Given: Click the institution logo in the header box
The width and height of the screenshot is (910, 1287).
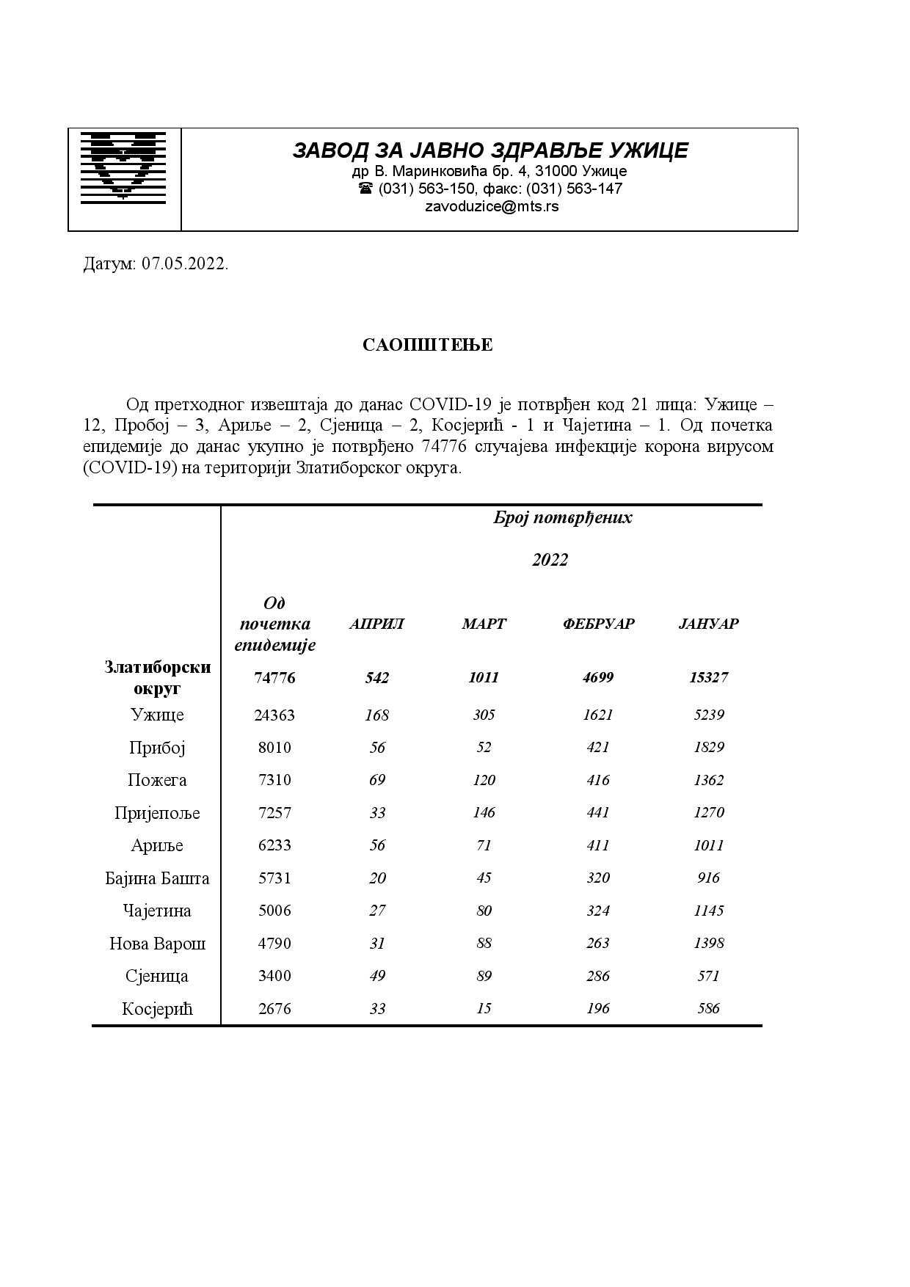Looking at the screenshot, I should pyautogui.click(x=123, y=166).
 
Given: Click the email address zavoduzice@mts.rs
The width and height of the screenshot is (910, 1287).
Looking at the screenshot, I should pyautogui.click(x=491, y=206).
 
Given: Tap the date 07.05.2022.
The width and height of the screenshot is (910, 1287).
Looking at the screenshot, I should pyautogui.click(x=185, y=264).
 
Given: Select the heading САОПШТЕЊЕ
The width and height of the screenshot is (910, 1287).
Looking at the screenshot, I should pyautogui.click(x=427, y=345).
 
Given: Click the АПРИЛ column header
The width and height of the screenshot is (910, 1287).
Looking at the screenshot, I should pyautogui.click(x=376, y=624).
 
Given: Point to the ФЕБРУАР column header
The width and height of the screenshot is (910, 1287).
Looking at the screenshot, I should pyautogui.click(x=598, y=624).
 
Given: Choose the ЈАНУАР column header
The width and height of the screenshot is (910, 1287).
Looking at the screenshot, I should pyautogui.click(x=708, y=624).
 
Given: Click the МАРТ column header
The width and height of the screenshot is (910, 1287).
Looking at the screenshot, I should pyautogui.click(x=484, y=624).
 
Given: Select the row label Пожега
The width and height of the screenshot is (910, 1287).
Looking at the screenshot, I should pyautogui.click(x=157, y=780).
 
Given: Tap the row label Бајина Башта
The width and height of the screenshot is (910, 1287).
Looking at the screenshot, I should pyautogui.click(x=157, y=878).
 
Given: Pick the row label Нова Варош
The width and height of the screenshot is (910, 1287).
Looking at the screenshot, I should pyautogui.click(x=157, y=944).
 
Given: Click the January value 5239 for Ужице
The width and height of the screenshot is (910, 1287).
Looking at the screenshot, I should pyautogui.click(x=708, y=715).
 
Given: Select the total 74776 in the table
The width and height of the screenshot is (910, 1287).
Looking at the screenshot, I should pyautogui.click(x=274, y=678).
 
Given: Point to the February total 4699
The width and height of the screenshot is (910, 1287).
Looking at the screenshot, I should pyautogui.click(x=598, y=677).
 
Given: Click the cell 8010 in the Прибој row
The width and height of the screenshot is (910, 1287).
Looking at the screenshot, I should pyautogui.click(x=274, y=748).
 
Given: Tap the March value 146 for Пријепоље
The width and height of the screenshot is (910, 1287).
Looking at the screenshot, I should pyautogui.click(x=484, y=812).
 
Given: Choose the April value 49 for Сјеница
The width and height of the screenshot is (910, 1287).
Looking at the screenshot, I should pyautogui.click(x=376, y=976).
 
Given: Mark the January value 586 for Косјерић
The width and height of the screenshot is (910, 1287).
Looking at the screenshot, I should pyautogui.click(x=708, y=1008).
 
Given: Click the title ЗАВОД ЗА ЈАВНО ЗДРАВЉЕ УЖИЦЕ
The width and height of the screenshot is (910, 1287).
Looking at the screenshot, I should pyautogui.click(x=490, y=150).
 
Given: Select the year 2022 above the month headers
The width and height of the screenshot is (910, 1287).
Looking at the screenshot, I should pyautogui.click(x=550, y=560).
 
